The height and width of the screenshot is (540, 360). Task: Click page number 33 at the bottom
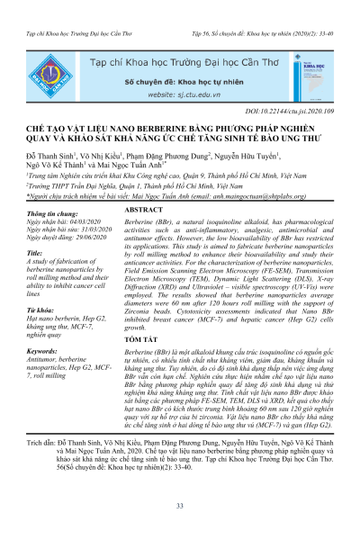[180, 507]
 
